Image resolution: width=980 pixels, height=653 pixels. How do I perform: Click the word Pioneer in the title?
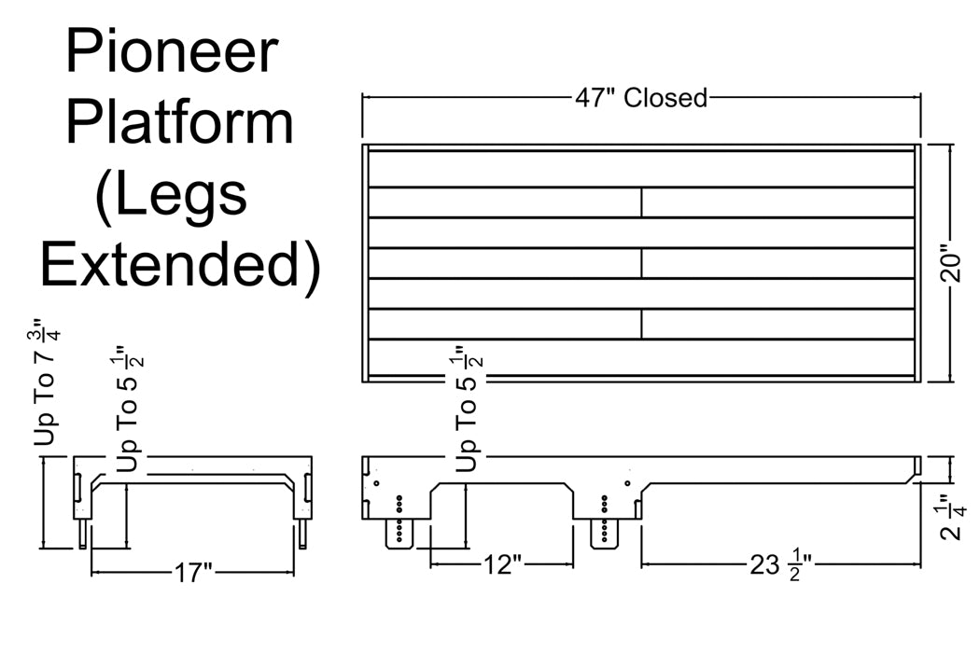tap(171, 52)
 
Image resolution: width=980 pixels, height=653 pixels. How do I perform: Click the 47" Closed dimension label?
tap(642, 97)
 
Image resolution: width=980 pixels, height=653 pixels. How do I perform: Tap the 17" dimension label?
tap(193, 572)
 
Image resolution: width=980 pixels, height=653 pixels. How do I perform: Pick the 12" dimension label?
tap(501, 565)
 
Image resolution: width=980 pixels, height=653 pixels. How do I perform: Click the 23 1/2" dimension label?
tap(775, 565)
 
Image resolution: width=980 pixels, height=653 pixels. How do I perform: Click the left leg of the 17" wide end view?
tap(85, 534)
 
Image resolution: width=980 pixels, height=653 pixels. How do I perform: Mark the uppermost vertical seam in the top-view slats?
tap(641, 202)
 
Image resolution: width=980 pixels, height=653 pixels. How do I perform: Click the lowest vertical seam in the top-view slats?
tap(641, 324)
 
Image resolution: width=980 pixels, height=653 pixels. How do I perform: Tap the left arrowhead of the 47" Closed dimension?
tap(367, 96)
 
